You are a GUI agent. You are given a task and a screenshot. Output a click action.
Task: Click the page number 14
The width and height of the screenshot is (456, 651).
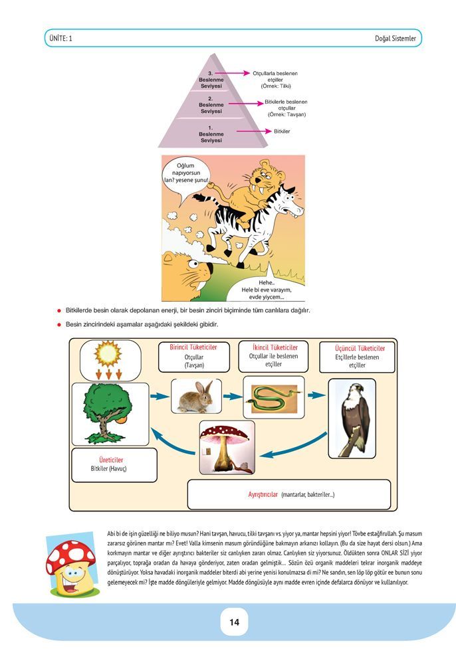234,622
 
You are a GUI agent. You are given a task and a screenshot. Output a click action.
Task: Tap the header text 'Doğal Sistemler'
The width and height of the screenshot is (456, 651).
395,39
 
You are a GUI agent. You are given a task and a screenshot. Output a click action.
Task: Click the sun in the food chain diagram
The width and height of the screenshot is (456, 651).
108,353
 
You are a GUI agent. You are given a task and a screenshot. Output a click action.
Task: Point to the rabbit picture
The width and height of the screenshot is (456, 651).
195,397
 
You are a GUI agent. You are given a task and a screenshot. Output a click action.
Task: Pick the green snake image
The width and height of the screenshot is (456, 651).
273,397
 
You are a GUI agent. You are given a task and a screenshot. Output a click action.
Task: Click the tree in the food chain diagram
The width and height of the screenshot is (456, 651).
106,413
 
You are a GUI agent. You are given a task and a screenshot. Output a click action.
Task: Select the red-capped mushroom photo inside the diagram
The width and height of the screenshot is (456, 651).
227,448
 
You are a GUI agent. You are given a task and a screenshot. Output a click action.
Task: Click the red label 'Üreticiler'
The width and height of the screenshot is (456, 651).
111,460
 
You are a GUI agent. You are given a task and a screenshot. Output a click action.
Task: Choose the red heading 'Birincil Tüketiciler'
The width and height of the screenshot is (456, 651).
193,347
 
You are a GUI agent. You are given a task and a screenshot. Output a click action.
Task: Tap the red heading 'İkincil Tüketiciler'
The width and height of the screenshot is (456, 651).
275,347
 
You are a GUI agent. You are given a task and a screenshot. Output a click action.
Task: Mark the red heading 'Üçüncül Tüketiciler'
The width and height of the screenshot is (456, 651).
360,348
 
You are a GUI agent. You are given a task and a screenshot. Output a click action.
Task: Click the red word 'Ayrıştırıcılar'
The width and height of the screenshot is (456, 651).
263,494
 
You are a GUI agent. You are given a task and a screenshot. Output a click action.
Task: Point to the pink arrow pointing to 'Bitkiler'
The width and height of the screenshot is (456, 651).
254,132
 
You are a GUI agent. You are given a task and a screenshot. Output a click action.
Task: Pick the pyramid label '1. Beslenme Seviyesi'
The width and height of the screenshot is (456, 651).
211,134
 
